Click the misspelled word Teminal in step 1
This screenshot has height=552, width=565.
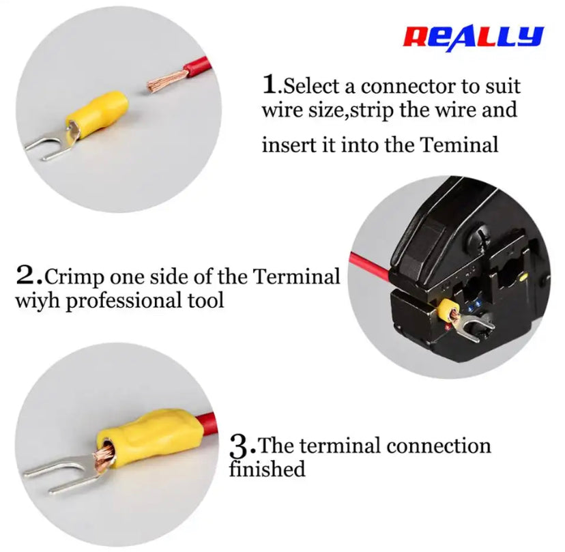point(459,145)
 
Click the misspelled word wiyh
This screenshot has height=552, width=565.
point(38,300)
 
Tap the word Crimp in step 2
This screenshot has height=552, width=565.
point(74,278)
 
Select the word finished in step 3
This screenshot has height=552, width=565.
point(267,469)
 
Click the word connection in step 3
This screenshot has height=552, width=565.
point(439,446)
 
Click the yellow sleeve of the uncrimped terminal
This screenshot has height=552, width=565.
point(98,115)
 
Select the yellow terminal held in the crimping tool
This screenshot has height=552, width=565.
point(449,310)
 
